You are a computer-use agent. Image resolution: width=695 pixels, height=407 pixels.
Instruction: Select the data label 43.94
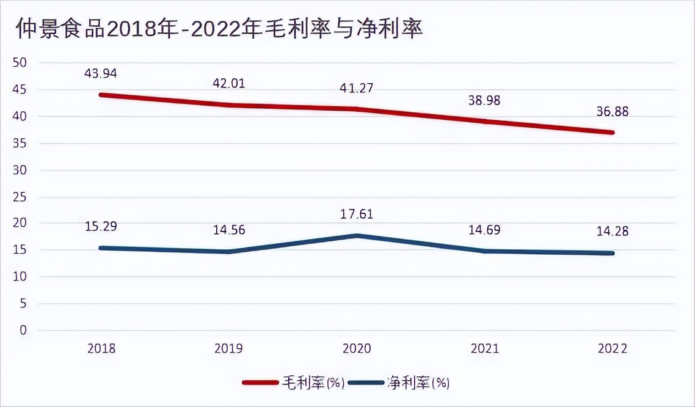101,73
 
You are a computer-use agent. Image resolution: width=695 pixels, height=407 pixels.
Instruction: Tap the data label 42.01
229,84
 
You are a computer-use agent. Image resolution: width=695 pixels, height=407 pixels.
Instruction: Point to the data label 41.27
357,87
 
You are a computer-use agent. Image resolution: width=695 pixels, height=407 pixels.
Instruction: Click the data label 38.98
484,101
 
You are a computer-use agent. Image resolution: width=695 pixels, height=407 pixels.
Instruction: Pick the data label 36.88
613,112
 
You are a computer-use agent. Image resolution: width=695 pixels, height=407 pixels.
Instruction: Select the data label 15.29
101,226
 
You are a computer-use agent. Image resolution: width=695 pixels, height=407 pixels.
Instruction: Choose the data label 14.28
613,232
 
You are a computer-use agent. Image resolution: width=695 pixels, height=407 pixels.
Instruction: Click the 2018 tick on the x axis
101,348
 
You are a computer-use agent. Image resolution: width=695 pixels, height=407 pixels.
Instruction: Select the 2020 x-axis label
357,348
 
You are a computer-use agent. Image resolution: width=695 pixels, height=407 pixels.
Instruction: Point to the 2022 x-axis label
613,348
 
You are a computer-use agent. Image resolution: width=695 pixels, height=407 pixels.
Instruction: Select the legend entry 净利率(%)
418,383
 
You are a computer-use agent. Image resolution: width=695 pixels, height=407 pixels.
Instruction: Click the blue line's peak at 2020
357,236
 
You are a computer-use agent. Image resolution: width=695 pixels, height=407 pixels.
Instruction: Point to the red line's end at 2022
612,132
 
